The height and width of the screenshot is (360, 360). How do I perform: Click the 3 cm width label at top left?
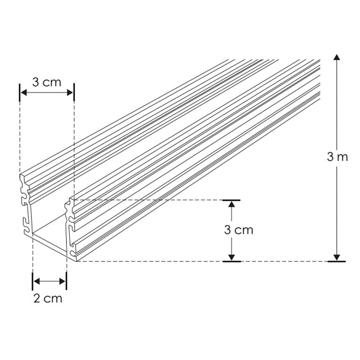click(x=47, y=82)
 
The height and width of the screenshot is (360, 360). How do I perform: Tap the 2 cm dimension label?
click(x=48, y=298)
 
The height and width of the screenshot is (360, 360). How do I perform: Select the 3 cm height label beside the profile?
click(x=239, y=230)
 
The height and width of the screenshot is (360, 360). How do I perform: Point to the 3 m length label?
click(x=337, y=157)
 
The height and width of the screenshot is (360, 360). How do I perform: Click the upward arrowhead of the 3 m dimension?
click(x=337, y=57)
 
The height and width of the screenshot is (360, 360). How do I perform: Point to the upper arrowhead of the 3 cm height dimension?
click(x=231, y=204)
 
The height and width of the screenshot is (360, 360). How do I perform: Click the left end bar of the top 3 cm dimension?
click(x=19, y=93)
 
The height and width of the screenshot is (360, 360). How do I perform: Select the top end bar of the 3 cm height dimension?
click(x=231, y=199)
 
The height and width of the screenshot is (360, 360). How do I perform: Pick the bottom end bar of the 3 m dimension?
click(x=337, y=261)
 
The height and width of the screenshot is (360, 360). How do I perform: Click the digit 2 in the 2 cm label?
click(x=37, y=298)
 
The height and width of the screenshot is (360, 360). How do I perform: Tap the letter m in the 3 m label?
click(x=342, y=157)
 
